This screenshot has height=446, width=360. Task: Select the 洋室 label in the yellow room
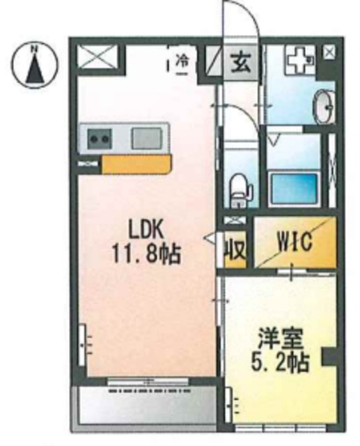[274, 341]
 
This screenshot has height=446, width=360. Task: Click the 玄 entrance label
[241, 62]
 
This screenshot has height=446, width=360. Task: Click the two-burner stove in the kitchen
[98, 139]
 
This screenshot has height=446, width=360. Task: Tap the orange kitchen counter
[136, 164]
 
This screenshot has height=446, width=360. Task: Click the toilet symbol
[239, 189]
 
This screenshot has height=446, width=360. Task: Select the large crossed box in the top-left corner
[97, 58]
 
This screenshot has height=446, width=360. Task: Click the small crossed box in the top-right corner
[329, 52]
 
